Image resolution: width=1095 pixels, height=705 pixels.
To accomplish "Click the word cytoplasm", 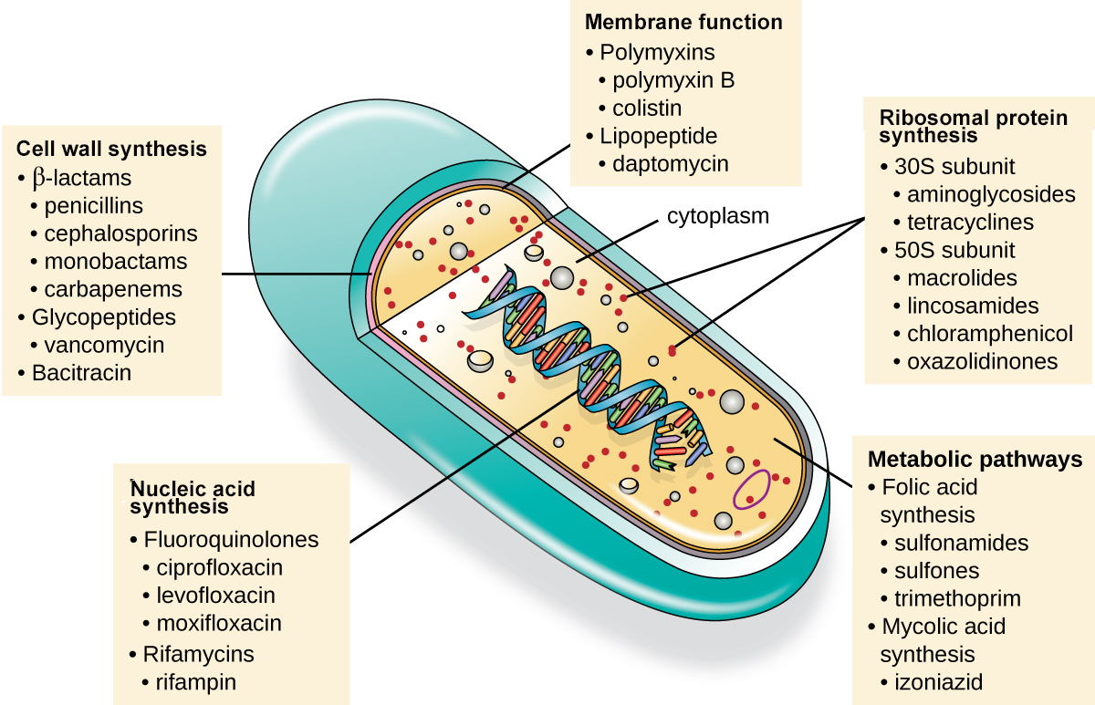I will tap(718, 216).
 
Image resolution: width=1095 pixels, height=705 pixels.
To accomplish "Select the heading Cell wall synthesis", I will tap(111, 148).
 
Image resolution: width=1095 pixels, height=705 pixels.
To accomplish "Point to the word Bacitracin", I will tap(81, 373).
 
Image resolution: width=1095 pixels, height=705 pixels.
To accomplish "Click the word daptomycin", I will tap(671, 164).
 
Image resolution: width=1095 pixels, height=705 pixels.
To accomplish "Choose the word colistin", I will tap(647, 109).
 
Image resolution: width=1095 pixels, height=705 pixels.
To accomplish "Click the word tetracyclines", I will tap(970, 223).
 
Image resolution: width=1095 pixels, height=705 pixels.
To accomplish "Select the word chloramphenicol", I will tap(990, 334).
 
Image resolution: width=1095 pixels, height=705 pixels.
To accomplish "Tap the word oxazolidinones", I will tap(983, 362).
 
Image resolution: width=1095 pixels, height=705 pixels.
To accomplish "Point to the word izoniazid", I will tap(939, 682).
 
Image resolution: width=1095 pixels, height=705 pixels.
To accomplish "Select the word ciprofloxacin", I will tap(220, 567).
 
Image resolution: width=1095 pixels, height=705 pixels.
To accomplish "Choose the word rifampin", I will tap(196, 681).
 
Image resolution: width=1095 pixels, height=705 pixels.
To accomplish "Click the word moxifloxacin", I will tap(219, 624).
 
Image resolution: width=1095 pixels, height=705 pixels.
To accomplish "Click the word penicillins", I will tap(94, 206).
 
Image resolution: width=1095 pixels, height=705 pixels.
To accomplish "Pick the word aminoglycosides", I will tap(991, 195).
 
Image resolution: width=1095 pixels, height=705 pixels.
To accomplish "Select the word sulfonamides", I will tap(961, 544).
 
